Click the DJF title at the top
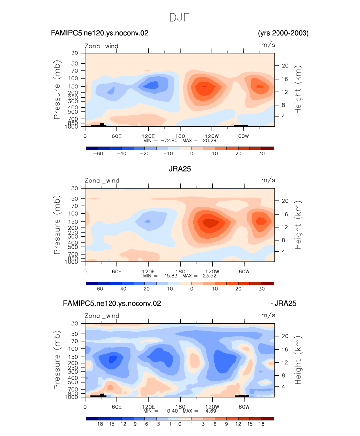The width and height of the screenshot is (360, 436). [x=180, y=18]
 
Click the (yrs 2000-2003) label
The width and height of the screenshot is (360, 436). [x=283, y=33]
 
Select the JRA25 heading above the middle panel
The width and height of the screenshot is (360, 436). [x=180, y=169]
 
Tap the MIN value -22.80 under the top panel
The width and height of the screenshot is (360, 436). [x=169, y=141]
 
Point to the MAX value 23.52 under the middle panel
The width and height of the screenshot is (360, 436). [x=210, y=276]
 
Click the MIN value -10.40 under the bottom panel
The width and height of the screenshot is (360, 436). [x=169, y=411]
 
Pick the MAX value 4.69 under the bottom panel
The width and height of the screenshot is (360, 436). [x=211, y=411]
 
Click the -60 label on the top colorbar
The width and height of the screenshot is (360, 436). [x=98, y=154]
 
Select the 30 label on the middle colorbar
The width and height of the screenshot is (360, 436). [x=261, y=289]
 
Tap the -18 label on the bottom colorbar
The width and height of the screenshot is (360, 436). [x=98, y=424]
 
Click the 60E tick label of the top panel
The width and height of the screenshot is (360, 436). [x=117, y=136]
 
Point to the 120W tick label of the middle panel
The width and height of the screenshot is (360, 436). [x=212, y=272]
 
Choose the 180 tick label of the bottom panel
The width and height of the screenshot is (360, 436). [x=180, y=407]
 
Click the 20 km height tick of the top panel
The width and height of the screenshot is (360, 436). [x=285, y=66]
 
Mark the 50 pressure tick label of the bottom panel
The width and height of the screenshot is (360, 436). [x=74, y=334]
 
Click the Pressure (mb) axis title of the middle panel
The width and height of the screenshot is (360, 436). [x=57, y=225]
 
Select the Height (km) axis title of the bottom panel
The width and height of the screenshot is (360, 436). [x=298, y=360]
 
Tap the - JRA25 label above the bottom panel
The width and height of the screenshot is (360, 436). [x=283, y=303]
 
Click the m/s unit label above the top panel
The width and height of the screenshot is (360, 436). [x=268, y=45]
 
